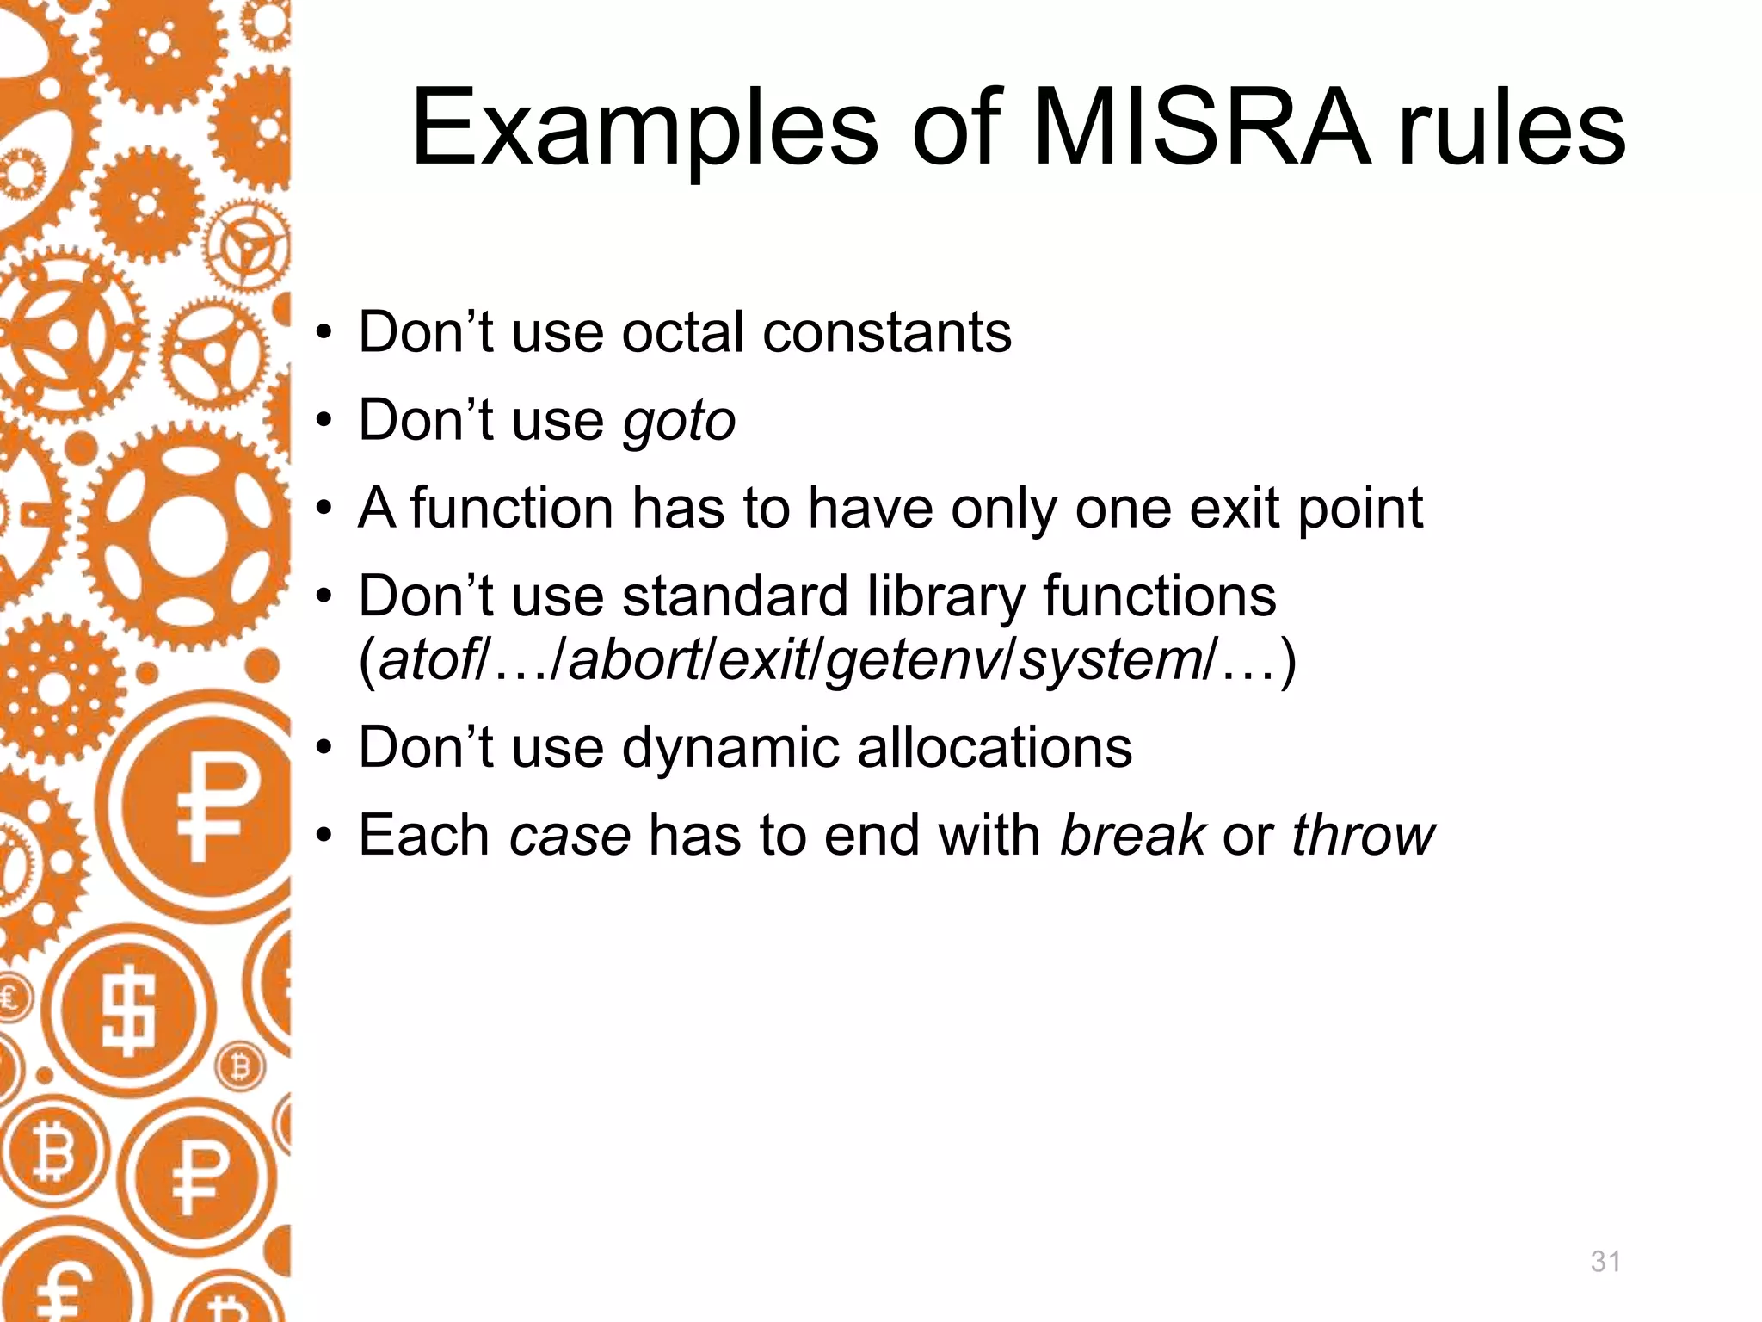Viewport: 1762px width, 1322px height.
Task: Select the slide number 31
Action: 1605,1262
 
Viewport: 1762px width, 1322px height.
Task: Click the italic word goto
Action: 679,422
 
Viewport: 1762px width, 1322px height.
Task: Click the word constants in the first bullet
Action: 887,332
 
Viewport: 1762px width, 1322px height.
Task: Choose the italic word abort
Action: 635,661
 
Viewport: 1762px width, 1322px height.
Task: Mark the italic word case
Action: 570,837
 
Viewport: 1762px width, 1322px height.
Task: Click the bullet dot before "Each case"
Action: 323,837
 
